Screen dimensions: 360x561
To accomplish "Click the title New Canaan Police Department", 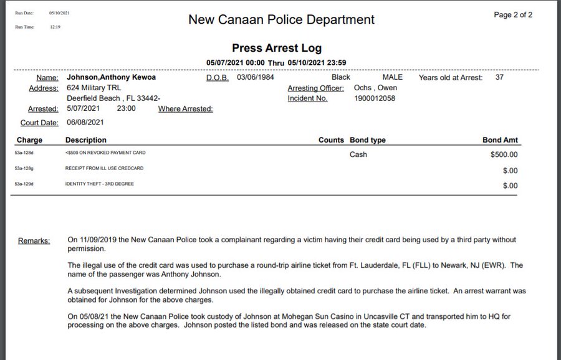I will pos(281,20).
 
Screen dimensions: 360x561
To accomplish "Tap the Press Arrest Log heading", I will pos(277,48).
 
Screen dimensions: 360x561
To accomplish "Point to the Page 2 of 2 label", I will pos(513,15).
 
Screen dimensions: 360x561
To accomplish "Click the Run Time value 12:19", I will pos(55,27).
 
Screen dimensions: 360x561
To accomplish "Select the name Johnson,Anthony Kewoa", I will pos(111,77).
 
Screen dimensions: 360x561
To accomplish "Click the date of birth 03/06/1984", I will pos(256,77).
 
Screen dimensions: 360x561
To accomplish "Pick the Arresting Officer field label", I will pos(315,88).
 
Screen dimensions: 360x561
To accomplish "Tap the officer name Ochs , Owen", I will pos(375,88).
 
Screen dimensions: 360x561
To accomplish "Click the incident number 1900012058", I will pos(374,98).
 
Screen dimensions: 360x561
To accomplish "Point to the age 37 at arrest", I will pos(499,77).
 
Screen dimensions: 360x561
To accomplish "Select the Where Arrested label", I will pos(185,109).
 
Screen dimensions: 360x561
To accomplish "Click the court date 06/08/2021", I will pos(84,122).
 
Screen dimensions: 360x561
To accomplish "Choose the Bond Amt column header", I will pos(501,140).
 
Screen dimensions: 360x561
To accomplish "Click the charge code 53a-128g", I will pos(25,168).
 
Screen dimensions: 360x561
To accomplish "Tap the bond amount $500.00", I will pos(504,154).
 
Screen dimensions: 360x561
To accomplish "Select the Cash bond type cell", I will pos(358,154).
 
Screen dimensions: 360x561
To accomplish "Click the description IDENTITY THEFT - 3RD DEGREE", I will pos(99,184).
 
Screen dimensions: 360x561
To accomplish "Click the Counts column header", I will pos(331,140).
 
